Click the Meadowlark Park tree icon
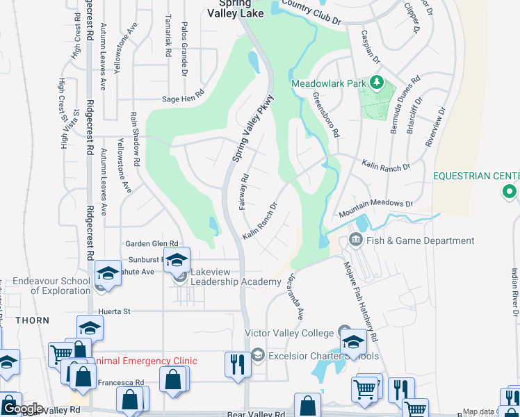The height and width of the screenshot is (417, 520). point(377,83)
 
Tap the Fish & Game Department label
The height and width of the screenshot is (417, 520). point(422,241)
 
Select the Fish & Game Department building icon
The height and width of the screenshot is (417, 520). point(356,240)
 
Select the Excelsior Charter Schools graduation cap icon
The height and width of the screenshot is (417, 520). point(258,356)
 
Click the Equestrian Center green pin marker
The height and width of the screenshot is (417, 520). point(510,191)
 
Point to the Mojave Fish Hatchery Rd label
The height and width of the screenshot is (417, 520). point(361,301)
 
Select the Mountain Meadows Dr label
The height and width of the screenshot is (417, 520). point(375,205)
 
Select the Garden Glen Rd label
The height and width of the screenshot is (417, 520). point(152,244)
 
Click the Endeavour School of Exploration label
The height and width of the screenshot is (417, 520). point(51,286)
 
